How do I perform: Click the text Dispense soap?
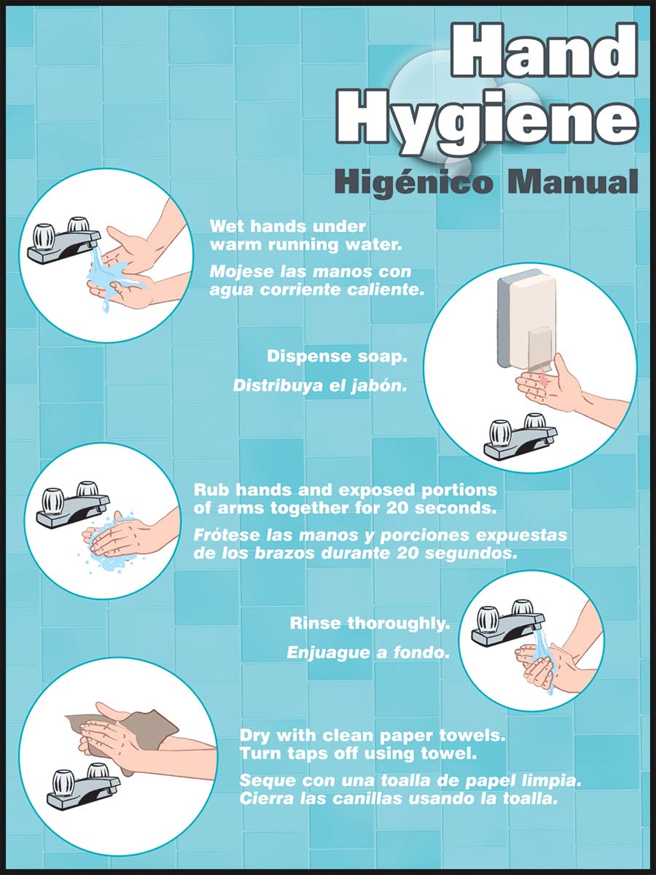336,357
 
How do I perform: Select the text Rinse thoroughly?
370,623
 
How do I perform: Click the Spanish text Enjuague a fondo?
367,653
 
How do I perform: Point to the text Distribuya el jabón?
319,386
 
